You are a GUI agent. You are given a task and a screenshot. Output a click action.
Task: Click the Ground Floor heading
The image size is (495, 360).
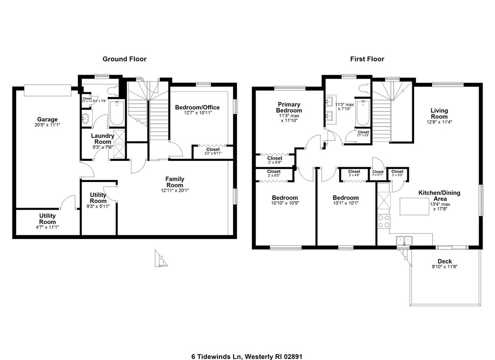pyautogui.click(x=125, y=59)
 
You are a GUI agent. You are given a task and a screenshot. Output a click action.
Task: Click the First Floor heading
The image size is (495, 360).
pyautogui.click(x=367, y=59)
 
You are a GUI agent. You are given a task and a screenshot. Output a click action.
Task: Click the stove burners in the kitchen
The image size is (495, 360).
pyautogui.click(x=383, y=221)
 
